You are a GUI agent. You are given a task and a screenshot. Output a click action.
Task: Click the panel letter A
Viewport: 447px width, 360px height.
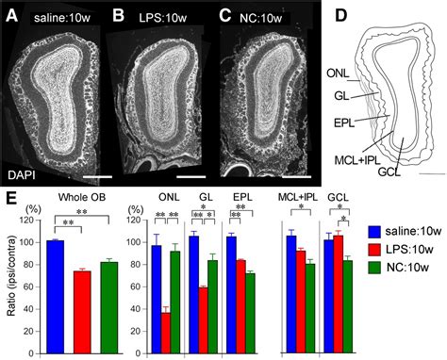coord(14,15)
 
